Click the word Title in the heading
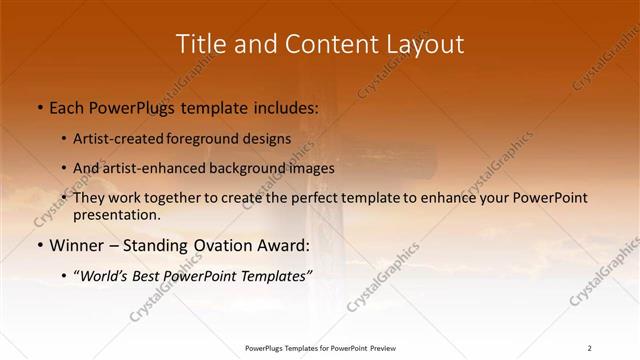coord(201,45)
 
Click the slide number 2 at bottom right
coord(589,348)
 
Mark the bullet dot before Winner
coord(39,246)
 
